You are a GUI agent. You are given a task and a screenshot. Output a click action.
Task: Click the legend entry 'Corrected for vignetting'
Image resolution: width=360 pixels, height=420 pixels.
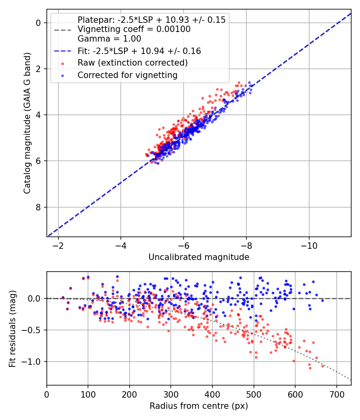[128, 75]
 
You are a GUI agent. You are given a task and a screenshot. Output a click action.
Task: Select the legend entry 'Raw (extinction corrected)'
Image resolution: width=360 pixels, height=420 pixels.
[132, 63]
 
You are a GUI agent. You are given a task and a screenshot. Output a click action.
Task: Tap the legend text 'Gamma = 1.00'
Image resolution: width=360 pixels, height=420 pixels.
[109, 39]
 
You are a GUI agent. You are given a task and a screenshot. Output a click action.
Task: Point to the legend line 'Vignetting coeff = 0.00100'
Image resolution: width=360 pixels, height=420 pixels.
[134, 29]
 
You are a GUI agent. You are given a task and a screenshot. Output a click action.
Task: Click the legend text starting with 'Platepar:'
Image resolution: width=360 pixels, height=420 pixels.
[152, 20]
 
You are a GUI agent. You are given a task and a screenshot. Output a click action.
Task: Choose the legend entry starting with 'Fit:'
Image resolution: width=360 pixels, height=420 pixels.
[139, 51]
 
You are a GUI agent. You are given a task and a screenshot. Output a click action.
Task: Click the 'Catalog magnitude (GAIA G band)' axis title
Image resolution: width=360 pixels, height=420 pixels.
[27, 123]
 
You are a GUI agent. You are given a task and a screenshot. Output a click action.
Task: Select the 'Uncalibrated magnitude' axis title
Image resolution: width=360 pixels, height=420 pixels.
[199, 257]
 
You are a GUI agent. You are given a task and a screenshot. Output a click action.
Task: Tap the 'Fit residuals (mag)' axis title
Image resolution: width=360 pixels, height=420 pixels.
[12, 329]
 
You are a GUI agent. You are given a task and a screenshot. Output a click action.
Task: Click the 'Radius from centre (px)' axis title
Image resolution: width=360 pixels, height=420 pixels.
[199, 406]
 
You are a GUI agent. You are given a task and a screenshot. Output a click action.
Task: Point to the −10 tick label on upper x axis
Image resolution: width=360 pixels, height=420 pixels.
[309, 246]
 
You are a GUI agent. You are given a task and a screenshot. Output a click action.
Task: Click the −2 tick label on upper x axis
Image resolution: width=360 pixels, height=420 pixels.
[58, 246]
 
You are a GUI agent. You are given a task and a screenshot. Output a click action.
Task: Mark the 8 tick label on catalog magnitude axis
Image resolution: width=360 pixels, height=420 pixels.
[38, 207]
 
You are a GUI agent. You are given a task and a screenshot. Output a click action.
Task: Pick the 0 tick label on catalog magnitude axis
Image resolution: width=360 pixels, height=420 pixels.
[38, 23]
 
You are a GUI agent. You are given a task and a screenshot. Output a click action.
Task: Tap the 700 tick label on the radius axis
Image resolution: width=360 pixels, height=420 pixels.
[337, 394]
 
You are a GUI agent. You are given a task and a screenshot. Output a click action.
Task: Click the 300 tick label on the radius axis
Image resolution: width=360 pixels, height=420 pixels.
[171, 394]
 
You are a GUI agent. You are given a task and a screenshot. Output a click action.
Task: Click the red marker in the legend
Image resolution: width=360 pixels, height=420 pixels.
[63, 64]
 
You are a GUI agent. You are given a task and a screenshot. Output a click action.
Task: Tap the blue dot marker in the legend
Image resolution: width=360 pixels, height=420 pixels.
[63, 76]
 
